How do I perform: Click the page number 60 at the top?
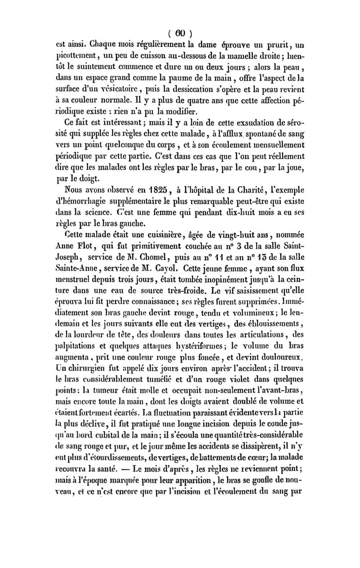[x=180, y=32]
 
